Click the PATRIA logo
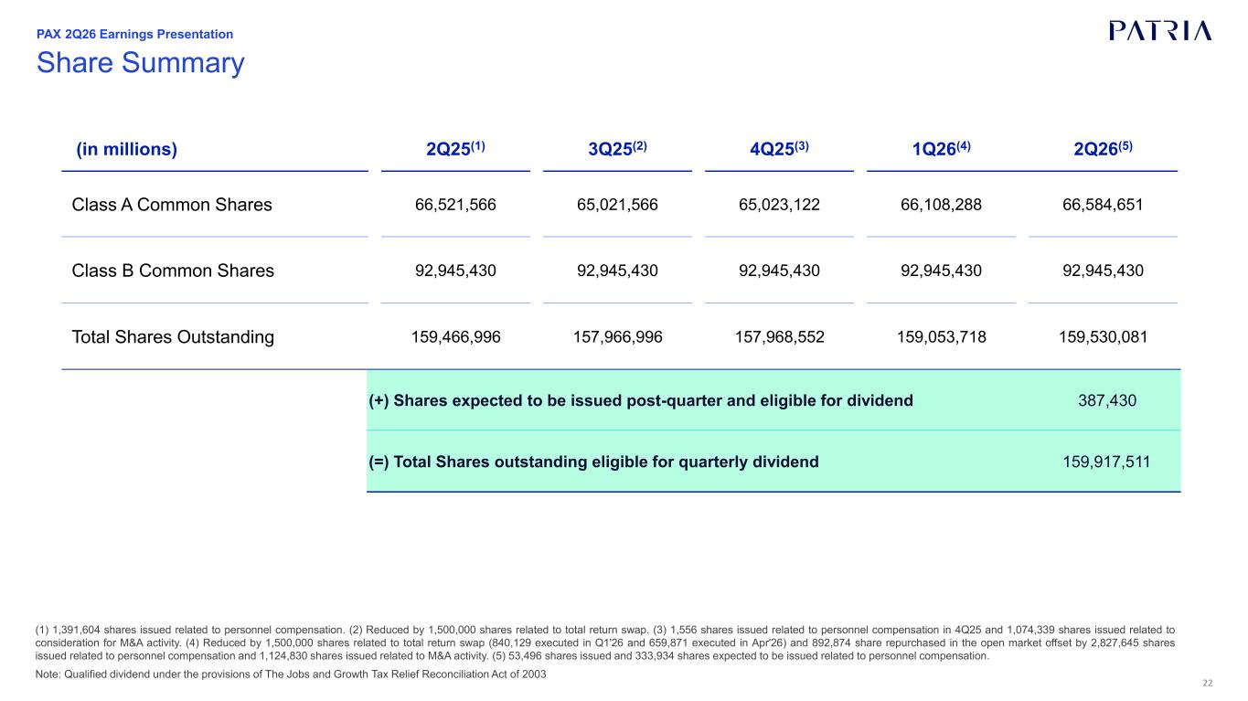(1160, 31)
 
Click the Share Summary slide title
(141, 62)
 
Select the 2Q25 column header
(455, 149)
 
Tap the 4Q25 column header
(779, 149)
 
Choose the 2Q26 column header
(1103, 149)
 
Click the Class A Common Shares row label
(172, 205)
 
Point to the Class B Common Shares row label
(173, 271)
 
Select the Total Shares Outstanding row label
(173, 337)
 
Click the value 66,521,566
(455, 205)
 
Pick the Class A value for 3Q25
(617, 205)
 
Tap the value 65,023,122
(779, 205)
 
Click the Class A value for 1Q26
(941, 205)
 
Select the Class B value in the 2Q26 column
(1103, 271)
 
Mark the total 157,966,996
(617, 337)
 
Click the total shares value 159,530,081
(1103, 337)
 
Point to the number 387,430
(1107, 400)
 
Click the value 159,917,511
(1106, 462)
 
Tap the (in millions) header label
(126, 149)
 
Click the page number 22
(1208, 684)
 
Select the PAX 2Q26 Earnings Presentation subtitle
(134, 34)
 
